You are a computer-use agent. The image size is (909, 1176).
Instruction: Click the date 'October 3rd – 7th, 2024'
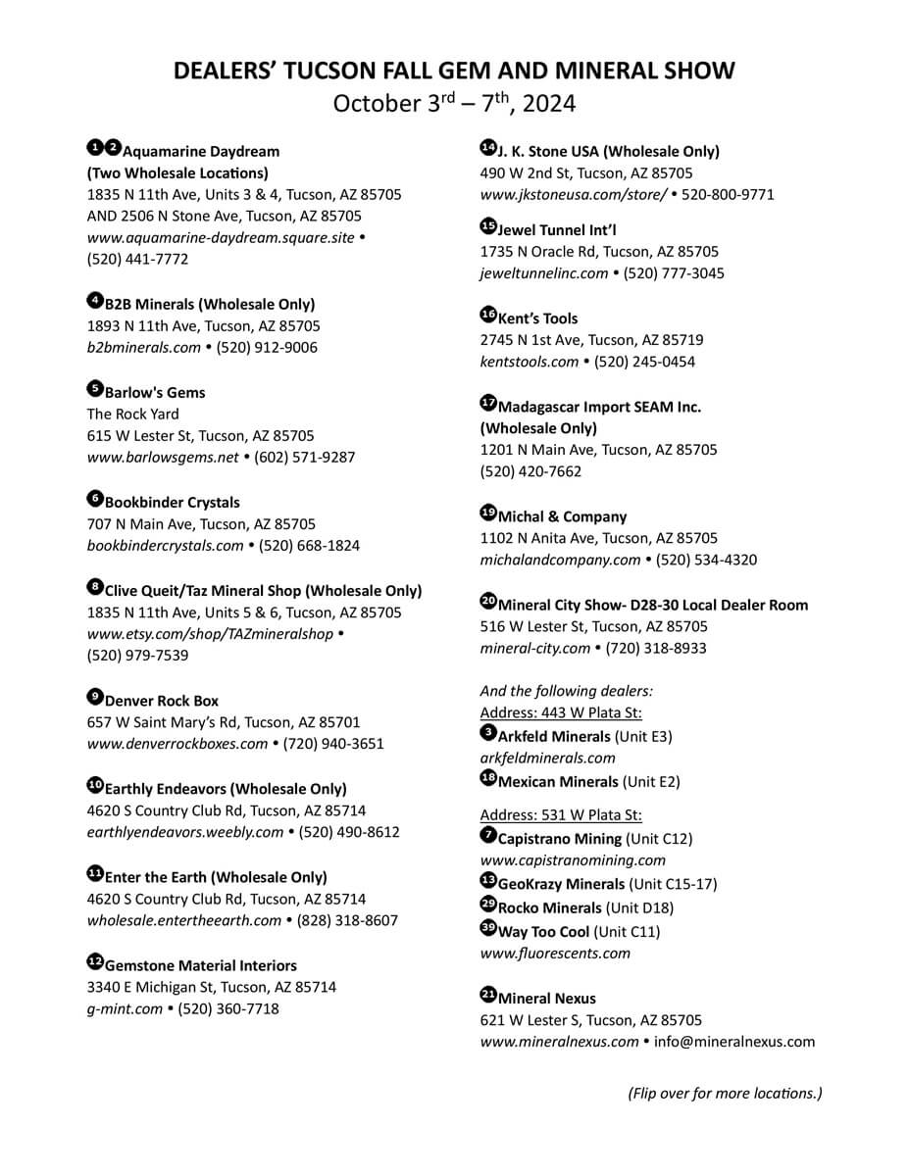click(454, 103)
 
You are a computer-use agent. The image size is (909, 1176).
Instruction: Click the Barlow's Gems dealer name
click(155, 392)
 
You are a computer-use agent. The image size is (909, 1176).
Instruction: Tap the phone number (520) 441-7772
click(137, 259)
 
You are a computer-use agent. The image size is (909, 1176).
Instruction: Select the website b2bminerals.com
click(144, 347)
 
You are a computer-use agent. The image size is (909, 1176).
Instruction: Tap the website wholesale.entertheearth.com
click(184, 920)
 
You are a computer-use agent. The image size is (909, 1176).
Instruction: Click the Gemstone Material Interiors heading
click(200, 965)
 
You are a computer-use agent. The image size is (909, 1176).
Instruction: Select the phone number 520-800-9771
click(728, 194)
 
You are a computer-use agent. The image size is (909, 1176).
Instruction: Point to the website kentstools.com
click(530, 362)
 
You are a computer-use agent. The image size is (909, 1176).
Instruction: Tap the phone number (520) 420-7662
click(530, 471)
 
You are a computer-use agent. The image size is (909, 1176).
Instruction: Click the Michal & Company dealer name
click(562, 516)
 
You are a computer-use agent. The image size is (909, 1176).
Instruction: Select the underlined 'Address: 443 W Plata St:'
click(561, 713)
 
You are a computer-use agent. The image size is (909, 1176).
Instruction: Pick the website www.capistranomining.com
click(573, 859)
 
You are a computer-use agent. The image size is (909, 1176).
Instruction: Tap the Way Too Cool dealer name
click(543, 931)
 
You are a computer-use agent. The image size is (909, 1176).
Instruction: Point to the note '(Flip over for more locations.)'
click(725, 1093)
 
